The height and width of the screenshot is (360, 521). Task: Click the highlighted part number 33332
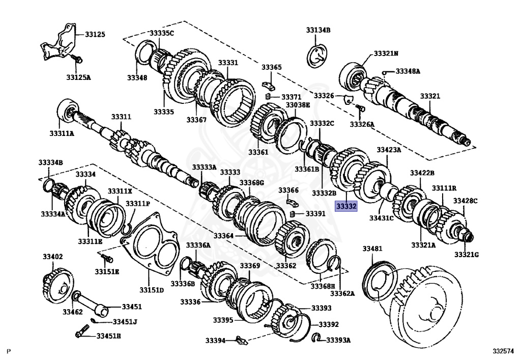[346, 206]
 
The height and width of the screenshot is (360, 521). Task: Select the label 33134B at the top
[318, 31]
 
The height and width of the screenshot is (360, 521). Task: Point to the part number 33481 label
[372, 248]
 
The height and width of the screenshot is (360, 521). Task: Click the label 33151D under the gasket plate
[152, 290]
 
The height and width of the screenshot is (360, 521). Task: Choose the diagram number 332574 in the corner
[503, 351]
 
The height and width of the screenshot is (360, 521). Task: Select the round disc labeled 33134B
[317, 55]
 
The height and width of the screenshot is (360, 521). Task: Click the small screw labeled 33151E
[106, 259]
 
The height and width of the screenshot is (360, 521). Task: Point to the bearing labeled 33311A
[65, 111]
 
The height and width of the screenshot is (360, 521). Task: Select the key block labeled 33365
[268, 84]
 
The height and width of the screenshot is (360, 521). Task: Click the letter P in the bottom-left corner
[8, 351]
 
